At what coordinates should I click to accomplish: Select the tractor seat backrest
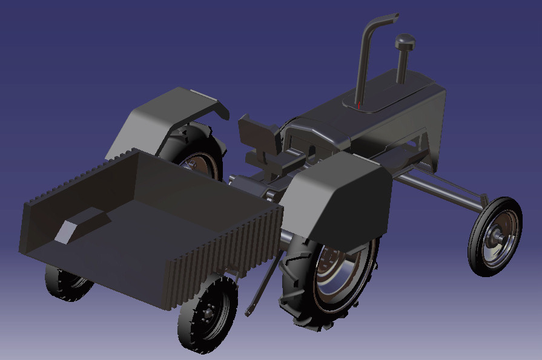[257, 133]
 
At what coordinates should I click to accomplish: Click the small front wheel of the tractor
[494, 236]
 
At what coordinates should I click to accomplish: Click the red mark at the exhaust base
[359, 106]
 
